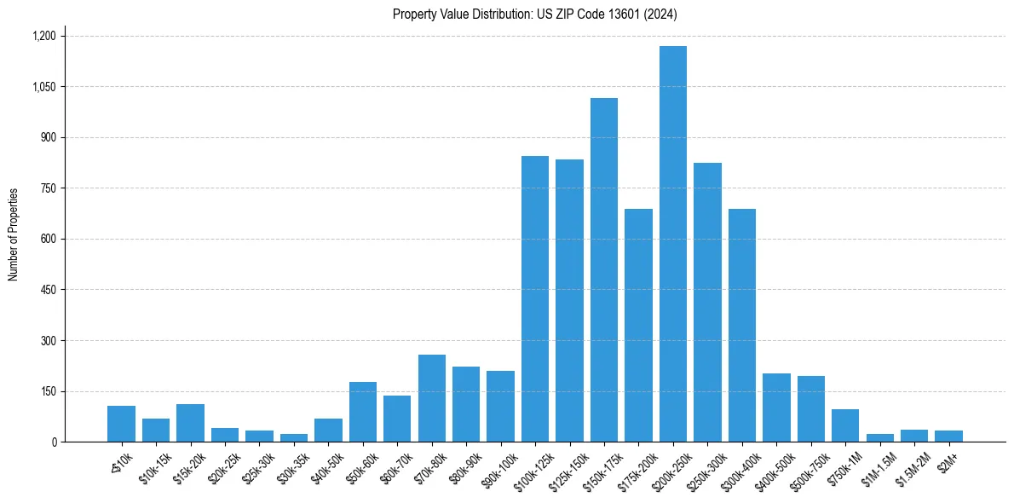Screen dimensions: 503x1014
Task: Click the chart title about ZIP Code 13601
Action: (534, 14)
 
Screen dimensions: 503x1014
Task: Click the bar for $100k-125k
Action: (535, 299)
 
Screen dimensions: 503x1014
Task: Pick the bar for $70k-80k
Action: (432, 398)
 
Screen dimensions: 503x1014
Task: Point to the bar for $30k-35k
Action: (294, 437)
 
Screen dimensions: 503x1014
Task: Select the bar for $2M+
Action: (948, 436)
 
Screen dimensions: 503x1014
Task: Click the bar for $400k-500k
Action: (776, 408)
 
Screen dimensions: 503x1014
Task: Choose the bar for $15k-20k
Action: (191, 423)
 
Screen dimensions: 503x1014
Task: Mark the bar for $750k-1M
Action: (845, 425)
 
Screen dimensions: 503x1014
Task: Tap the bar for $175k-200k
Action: (638, 326)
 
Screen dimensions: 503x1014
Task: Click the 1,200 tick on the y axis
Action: (43, 36)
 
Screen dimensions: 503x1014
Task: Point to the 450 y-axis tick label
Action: (49, 290)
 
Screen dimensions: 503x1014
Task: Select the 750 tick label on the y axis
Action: (49, 188)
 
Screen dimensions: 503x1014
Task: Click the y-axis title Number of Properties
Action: (14, 234)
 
